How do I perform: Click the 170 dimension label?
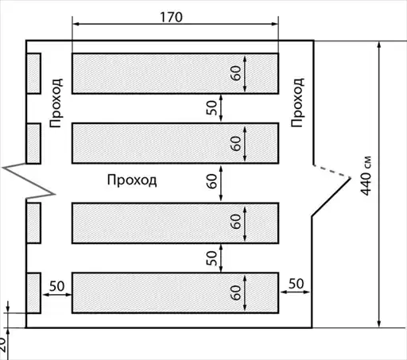171,17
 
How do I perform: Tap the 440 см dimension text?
366,176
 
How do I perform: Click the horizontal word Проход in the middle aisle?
132,180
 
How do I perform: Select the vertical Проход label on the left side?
56,103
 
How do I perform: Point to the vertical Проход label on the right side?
297,103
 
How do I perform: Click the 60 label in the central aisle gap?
211,181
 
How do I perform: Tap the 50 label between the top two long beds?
211,107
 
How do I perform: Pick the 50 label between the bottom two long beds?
211,258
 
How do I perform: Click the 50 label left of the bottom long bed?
57,286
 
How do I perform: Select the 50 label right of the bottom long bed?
296,284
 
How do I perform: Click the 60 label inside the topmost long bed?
236,73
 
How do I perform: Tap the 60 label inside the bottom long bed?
236,292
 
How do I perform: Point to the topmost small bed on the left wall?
33,73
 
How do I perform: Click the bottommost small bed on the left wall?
33,293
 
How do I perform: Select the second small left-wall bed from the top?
33,143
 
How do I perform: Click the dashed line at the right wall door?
332,172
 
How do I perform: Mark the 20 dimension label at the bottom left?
2,345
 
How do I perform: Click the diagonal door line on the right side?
331,197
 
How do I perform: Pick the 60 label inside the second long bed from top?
236,143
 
